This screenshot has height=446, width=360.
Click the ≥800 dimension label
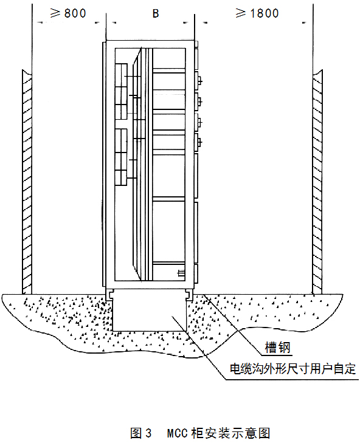(68, 13)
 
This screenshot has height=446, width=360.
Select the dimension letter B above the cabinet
(156, 13)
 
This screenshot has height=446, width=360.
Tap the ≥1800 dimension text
(257, 13)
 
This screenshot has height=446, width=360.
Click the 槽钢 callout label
(277, 348)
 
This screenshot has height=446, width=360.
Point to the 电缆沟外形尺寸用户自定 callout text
(293, 369)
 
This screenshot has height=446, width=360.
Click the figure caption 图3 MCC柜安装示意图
(200, 433)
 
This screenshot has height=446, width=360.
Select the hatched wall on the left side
(27, 182)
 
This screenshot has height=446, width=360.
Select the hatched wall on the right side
(317, 182)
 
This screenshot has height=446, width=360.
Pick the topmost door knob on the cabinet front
(200, 81)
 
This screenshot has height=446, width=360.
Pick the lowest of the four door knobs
(200, 142)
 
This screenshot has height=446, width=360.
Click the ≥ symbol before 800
(55, 13)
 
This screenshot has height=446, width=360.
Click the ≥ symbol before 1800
(241, 13)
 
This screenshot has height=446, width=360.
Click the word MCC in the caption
(178, 433)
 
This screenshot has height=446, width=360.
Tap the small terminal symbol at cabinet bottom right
(181, 273)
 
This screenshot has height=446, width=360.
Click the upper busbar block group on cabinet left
(120, 92)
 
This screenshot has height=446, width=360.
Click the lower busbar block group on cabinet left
(120, 157)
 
